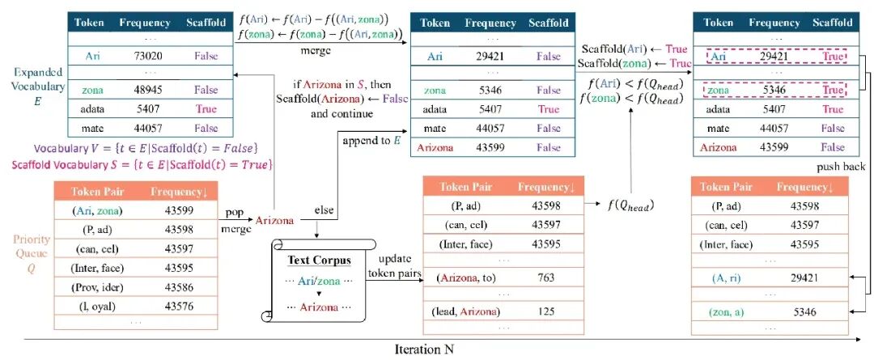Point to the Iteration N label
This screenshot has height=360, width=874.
[x=425, y=350]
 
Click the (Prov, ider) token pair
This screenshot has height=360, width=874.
[x=98, y=287]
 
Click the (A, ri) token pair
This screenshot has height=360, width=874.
[x=725, y=277]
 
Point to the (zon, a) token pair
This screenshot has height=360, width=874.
[x=725, y=312]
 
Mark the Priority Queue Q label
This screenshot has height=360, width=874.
[x=32, y=252]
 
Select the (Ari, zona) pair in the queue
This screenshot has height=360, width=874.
[x=98, y=211]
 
